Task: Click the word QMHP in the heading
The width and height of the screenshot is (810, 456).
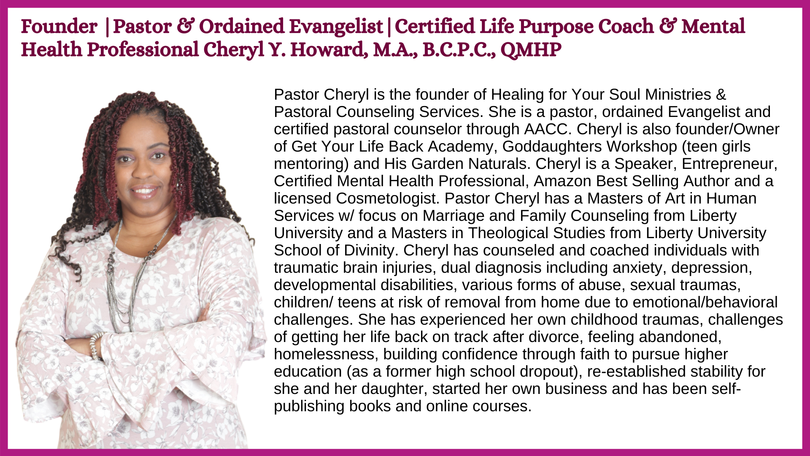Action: (531, 50)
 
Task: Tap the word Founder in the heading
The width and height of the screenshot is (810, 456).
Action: (59, 27)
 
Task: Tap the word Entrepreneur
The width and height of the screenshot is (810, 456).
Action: (729, 164)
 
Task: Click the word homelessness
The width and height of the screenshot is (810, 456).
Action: (326, 354)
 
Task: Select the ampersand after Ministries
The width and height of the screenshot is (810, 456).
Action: (721, 95)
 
